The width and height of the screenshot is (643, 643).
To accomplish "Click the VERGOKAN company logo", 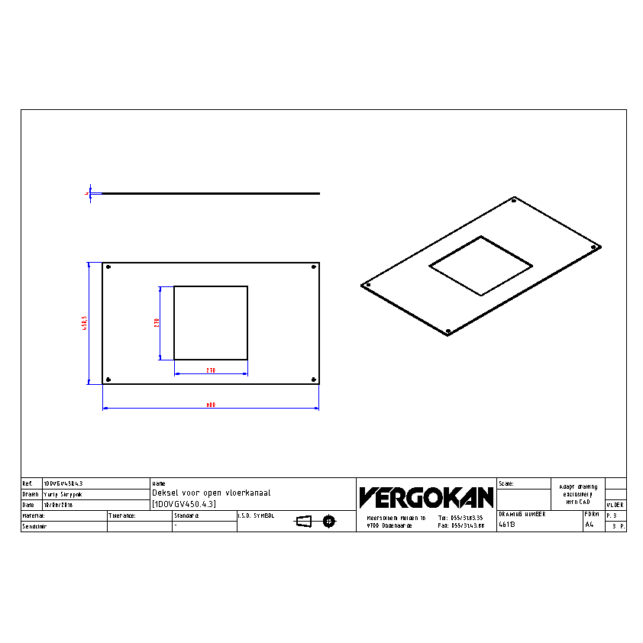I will coord(426,497).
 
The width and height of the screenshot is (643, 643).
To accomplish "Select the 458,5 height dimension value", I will coord(86,324).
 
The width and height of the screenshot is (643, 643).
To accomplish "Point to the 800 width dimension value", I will coord(211,406).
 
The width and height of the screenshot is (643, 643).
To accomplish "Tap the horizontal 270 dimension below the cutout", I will coord(211,370).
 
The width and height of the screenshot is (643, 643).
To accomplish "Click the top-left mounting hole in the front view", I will coord(109,267).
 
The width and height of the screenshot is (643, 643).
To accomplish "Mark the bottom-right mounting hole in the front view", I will coord(314,380).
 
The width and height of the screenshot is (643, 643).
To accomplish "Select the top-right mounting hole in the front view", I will coord(314,267).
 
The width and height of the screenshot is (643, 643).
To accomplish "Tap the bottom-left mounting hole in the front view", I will coord(109,380).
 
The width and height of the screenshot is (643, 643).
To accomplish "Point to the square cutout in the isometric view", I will coord(480,265).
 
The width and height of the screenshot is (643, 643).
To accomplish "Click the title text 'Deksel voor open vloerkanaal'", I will coord(212,493).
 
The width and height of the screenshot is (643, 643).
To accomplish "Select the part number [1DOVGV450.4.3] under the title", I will coord(184,504).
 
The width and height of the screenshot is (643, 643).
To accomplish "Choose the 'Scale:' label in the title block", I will coord(506,483).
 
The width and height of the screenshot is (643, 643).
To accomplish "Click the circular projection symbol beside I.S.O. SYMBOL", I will coord(329,522).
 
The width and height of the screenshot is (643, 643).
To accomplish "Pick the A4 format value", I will coord(589,525).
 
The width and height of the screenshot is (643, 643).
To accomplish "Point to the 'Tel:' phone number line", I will coord(460,518).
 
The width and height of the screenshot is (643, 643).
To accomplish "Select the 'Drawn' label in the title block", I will coord(31,494).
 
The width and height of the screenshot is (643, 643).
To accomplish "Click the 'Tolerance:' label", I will coord(122,515).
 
